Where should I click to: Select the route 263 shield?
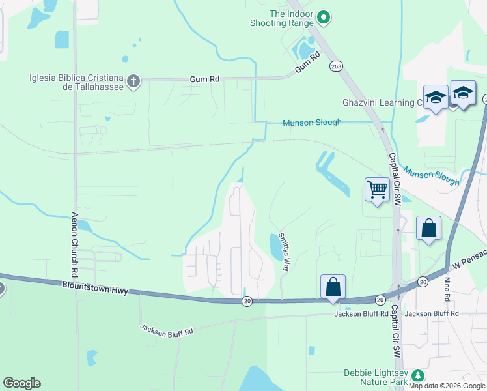pos(336,66)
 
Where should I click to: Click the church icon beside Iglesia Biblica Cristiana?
pos(133,81)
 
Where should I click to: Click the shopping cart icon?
pos(377,190)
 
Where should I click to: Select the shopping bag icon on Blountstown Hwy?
pos(333,286)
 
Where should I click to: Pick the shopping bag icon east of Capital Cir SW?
pos(428,229)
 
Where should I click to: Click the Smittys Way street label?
pos(284,252)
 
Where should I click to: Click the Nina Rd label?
pos(447,285)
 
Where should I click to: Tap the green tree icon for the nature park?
pos(417,375)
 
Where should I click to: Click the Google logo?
pos(21,383)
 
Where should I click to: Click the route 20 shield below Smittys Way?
pos(247,300)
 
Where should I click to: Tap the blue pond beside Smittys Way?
pos(276,246)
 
